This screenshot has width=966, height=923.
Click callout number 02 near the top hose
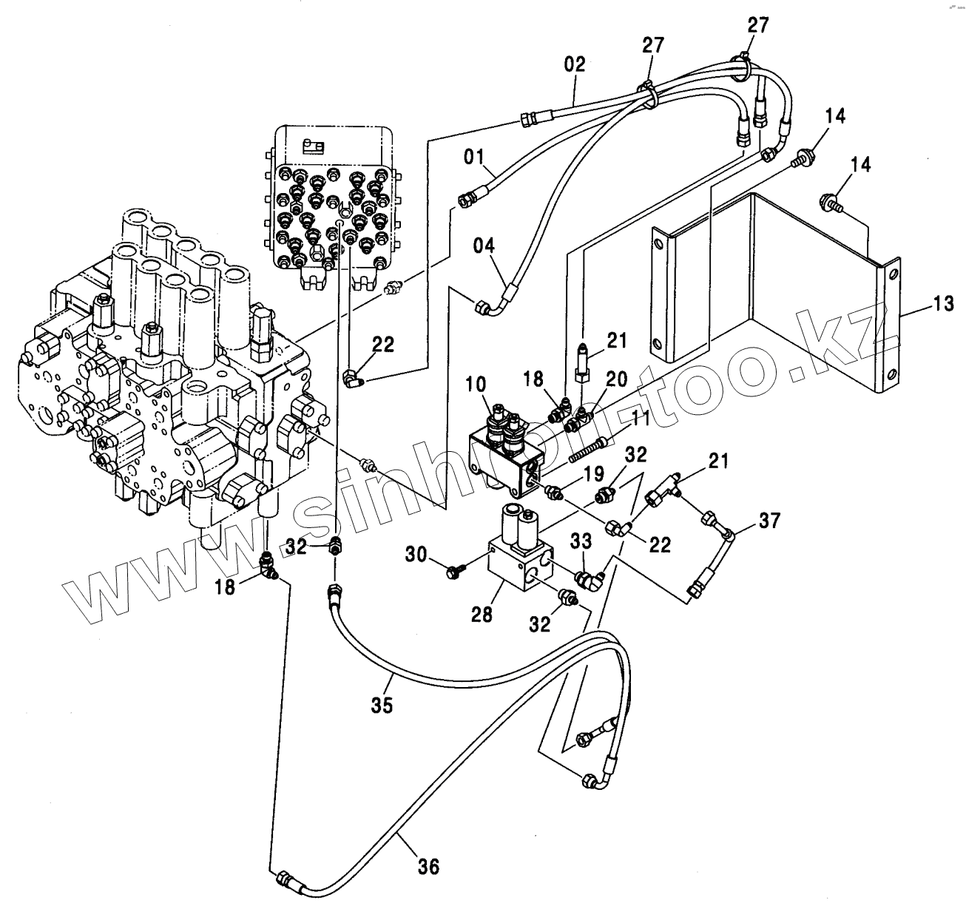point(575,64)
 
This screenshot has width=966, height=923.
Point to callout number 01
point(474,157)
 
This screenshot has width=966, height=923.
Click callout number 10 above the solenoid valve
point(476,385)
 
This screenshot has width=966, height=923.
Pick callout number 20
point(616,380)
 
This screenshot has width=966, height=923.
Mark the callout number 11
point(639,420)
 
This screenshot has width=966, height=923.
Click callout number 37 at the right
point(769,521)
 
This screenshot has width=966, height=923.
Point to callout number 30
point(417,553)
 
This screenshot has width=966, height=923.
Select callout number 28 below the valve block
point(482,614)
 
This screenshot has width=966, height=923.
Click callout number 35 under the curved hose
point(382,704)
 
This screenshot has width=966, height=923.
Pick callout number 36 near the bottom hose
point(429,865)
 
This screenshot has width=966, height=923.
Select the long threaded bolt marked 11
point(590,450)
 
